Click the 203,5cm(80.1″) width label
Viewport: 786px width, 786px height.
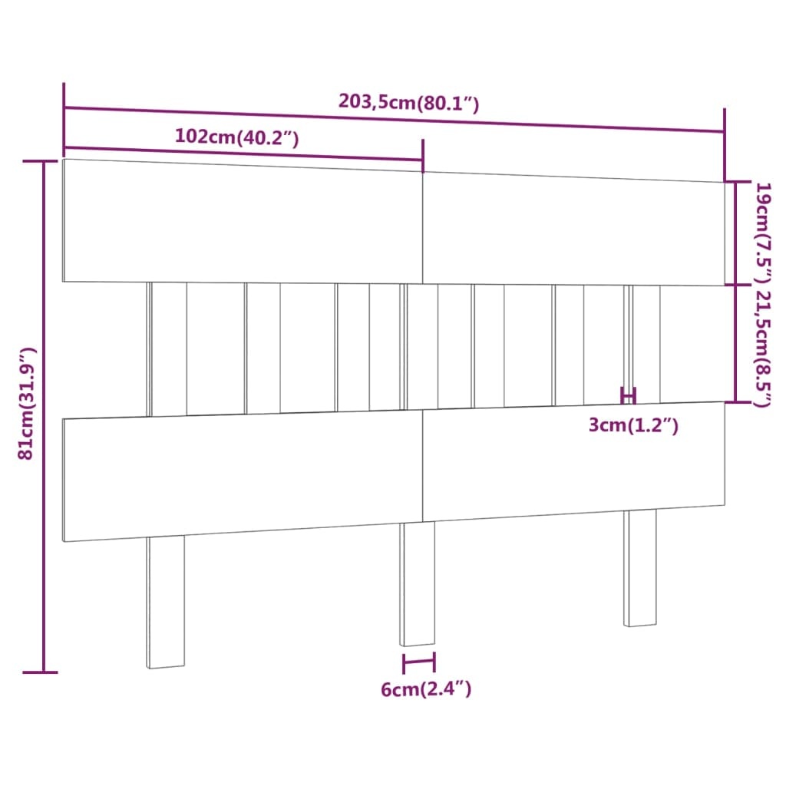408,102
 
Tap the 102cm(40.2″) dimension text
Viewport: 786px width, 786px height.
236,137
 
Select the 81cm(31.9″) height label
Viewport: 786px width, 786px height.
28,403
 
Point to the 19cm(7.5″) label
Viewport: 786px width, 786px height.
763,230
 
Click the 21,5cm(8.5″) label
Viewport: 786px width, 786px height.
763,348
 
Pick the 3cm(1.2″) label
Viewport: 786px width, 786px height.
633,425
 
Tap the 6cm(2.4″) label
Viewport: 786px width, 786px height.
426,689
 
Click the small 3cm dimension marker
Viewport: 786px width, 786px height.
628,396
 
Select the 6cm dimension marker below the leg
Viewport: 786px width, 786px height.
418,662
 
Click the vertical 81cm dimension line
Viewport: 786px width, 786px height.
45,414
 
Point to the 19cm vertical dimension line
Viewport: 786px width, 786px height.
736,233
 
